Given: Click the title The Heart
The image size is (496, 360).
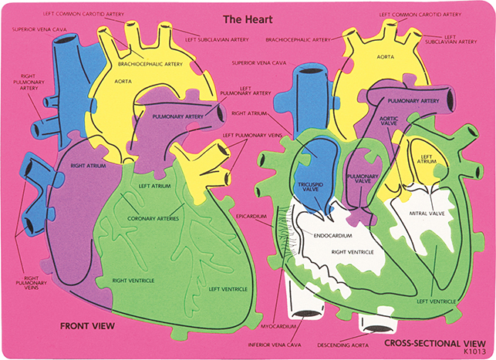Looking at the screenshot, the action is pyautogui.click(x=248, y=19).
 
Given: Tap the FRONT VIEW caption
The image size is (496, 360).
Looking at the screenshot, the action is pyautogui.click(x=88, y=326).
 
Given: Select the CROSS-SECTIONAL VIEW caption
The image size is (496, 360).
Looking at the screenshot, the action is pyautogui.click(x=435, y=343).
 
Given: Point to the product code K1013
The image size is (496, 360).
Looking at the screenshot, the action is pyautogui.click(x=474, y=352).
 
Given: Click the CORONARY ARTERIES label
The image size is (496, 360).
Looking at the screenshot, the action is pyautogui.click(x=153, y=218).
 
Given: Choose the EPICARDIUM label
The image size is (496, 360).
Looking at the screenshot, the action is pyautogui.click(x=251, y=216).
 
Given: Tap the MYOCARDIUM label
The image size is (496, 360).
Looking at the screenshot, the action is pyautogui.click(x=278, y=327).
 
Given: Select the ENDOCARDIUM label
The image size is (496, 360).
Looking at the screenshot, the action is pyautogui.click(x=332, y=235).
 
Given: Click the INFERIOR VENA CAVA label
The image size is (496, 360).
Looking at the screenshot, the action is pyautogui.click(x=275, y=345).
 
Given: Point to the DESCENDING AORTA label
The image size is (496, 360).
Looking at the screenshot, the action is pyautogui.click(x=343, y=345).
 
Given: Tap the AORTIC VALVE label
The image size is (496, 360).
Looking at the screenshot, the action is pyautogui.click(x=389, y=121).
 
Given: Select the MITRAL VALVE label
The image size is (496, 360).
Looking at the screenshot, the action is pyautogui.click(x=427, y=214).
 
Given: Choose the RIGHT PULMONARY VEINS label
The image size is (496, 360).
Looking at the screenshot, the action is pyautogui.click(x=32, y=283).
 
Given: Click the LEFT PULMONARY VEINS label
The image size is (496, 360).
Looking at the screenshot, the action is pyautogui.click(x=252, y=135).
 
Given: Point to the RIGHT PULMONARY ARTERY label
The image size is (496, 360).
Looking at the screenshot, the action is pyautogui.click(x=29, y=82).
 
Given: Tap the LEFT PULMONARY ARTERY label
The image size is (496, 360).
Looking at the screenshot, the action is pyautogui.click(x=245, y=91).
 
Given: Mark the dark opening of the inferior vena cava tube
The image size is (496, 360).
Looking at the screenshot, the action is pyautogui.click(x=303, y=314).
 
